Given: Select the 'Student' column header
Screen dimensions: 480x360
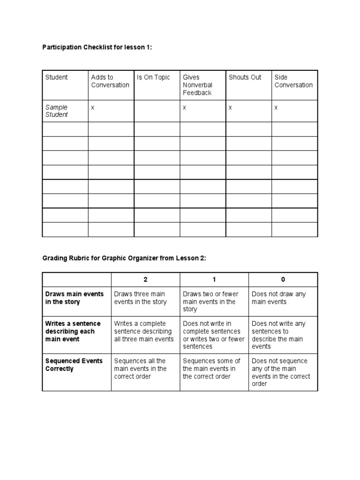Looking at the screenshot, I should click(x=56, y=77).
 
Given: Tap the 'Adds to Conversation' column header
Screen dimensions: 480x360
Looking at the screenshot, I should click(x=110, y=81).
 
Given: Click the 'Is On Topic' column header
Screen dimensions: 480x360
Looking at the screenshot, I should click(x=153, y=77).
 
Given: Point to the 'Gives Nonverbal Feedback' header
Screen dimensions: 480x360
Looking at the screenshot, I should click(x=197, y=85).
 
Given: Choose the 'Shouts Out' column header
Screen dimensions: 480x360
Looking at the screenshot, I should click(x=245, y=77).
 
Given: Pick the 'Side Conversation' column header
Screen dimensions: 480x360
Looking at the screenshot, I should click(x=293, y=81).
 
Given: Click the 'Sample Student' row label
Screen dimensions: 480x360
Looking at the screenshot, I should click(x=56, y=111).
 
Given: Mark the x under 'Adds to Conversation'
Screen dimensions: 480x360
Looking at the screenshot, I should click(x=93, y=108).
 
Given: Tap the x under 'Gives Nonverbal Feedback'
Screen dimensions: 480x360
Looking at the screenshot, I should click(x=185, y=108).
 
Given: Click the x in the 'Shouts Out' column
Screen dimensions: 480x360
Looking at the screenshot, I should click(x=231, y=108).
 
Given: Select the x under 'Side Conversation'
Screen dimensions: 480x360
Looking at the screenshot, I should click(x=277, y=108).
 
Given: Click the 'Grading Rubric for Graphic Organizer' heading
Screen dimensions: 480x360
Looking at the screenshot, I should click(x=124, y=258).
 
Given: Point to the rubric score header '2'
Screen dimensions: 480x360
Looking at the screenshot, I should click(x=145, y=279).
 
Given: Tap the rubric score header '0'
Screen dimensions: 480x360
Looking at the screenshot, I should click(x=283, y=279).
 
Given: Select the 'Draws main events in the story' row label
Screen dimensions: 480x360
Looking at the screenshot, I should click(x=75, y=298).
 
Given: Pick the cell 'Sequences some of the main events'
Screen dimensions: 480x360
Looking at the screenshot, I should click(x=211, y=368).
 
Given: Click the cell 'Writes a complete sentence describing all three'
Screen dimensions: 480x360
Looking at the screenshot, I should click(x=144, y=331).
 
